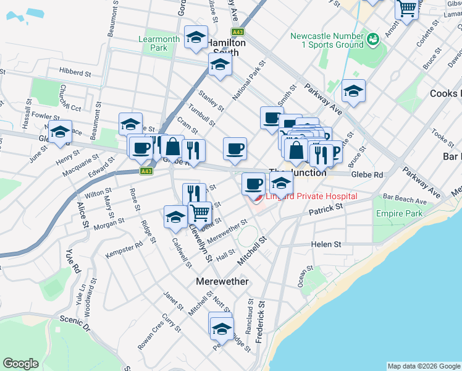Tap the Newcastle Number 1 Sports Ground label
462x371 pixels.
[x=327, y=40]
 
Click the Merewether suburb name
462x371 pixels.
[x=222, y=281]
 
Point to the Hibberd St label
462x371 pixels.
[x=75, y=72]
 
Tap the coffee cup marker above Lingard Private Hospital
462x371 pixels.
[x=253, y=183]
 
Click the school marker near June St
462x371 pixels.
[x=59, y=132]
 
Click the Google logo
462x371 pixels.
[x=20, y=364]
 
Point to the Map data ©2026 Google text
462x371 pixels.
[x=423, y=366]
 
